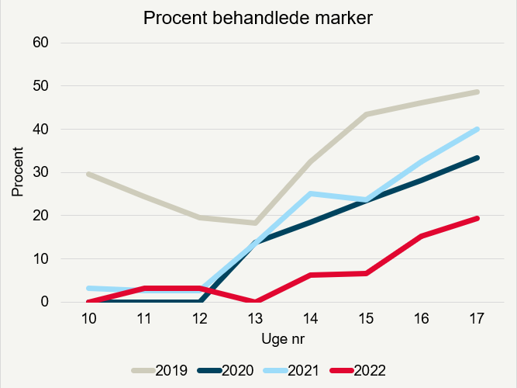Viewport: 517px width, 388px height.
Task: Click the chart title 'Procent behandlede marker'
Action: (259, 18)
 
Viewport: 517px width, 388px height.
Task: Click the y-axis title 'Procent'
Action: (17, 172)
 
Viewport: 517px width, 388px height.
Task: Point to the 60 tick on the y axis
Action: (41, 42)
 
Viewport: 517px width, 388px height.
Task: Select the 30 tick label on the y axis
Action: (41, 172)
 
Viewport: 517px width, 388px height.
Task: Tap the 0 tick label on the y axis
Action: (45, 302)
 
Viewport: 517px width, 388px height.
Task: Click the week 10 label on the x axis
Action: (89, 318)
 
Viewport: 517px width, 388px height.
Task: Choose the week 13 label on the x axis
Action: (256, 318)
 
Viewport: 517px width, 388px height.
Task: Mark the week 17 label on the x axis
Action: (477, 318)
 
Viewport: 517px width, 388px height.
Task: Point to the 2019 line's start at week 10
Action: (89, 174)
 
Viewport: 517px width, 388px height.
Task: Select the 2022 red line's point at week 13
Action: (256, 301)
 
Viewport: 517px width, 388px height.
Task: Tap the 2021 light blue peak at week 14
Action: (311, 194)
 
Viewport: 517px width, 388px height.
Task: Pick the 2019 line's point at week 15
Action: (367, 114)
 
